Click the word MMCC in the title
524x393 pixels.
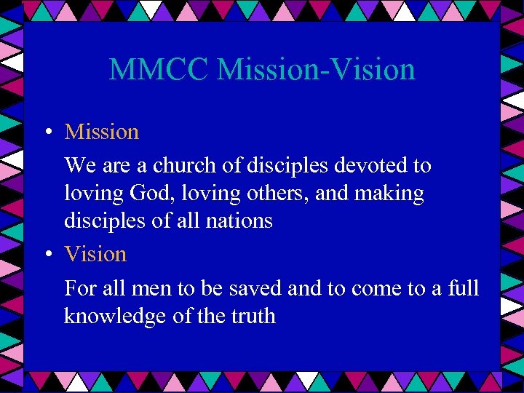tap(159, 70)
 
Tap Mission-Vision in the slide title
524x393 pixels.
tap(317, 70)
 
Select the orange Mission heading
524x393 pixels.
tap(102, 132)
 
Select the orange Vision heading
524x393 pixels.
tap(95, 254)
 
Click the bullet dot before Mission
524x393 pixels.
tap(46, 132)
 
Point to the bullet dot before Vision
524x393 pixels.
tap(46, 255)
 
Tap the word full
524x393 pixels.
tap(463, 288)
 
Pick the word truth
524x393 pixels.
tap(250, 317)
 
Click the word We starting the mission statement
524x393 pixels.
tap(78, 165)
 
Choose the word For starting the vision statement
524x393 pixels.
tap(80, 289)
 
